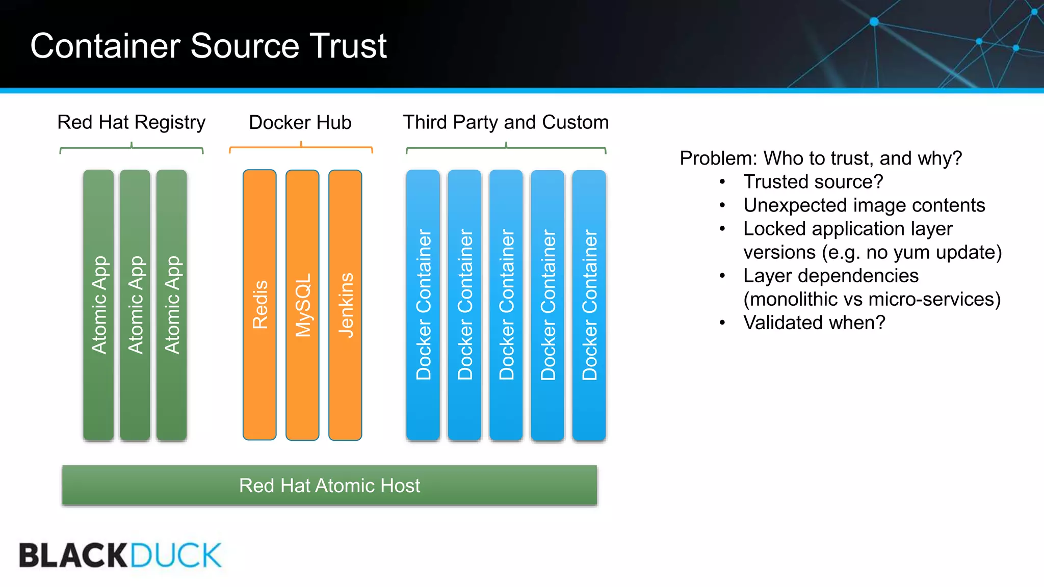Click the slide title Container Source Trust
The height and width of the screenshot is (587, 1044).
208,46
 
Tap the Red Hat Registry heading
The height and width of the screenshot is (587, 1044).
131,122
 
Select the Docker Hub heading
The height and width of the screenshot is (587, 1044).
300,122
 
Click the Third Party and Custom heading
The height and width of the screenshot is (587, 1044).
506,122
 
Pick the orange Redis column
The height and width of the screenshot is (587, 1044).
259,305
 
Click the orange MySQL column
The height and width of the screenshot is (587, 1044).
302,305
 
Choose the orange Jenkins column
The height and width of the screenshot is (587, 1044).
345,305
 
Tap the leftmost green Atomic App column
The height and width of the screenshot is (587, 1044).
98,305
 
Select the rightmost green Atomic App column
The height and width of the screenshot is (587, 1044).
172,305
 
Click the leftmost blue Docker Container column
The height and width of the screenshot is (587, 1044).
423,305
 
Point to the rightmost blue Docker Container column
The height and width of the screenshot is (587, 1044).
589,305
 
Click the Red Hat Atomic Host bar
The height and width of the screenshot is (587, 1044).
329,485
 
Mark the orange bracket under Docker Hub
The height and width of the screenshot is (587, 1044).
301,148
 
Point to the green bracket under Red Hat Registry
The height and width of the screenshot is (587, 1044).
131,148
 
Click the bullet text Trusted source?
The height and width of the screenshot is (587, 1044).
813,182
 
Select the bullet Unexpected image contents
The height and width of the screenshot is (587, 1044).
864,205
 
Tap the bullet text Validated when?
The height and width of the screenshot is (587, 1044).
814,323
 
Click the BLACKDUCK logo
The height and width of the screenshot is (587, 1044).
120,555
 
